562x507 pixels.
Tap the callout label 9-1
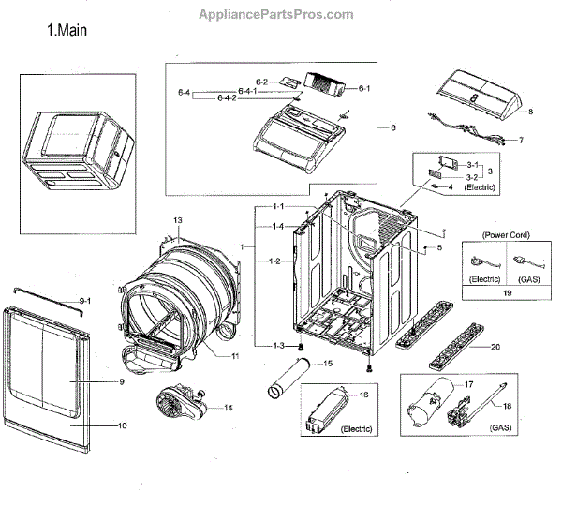click(x=84, y=300)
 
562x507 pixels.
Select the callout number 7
click(x=521, y=141)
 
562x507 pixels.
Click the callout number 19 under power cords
click(x=507, y=293)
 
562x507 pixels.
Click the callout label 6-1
click(x=365, y=88)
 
